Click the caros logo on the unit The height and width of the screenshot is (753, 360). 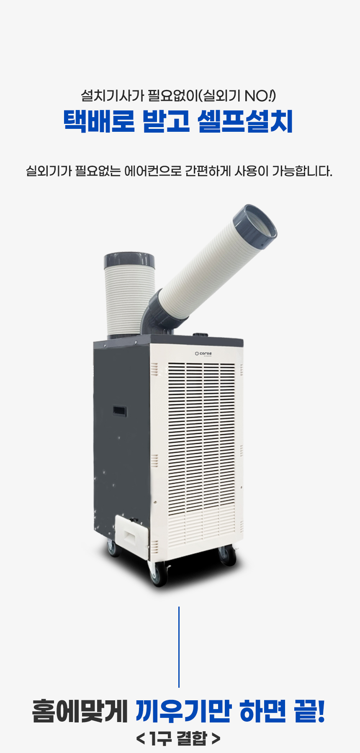click(203, 353)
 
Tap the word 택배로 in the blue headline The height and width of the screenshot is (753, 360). click(99, 121)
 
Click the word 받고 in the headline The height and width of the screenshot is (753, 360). click(166, 121)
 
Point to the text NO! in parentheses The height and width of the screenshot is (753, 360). click(259, 96)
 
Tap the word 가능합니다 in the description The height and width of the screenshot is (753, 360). click(301, 171)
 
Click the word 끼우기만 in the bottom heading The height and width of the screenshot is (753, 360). click(183, 711)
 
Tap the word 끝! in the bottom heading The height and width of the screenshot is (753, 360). click(310, 711)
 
